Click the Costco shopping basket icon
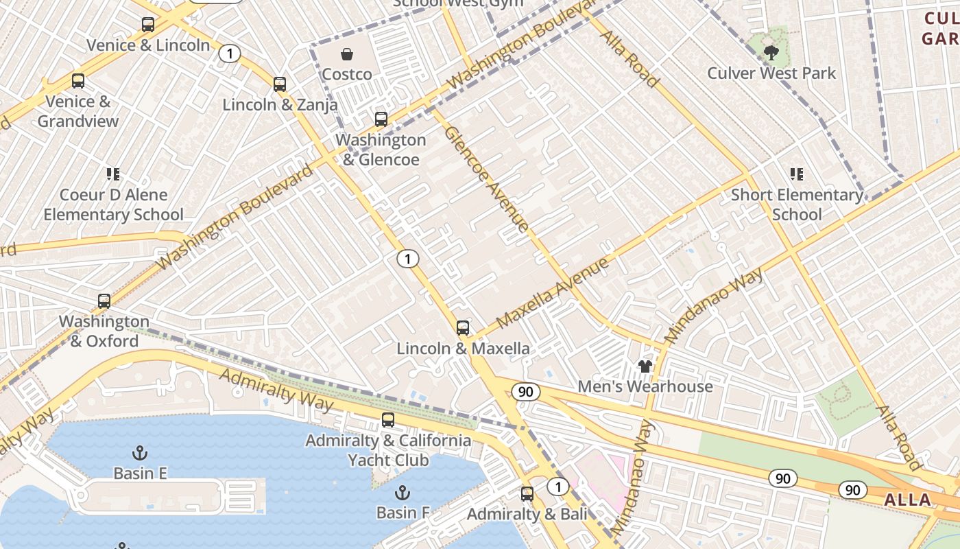(347, 54)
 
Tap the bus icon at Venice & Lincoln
(147, 25)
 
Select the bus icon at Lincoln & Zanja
(279, 84)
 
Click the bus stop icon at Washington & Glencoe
(381, 119)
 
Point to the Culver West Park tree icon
(771, 52)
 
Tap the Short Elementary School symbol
(796, 174)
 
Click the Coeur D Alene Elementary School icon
(113, 174)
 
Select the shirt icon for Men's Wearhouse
(645, 366)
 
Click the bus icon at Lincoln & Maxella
(463, 328)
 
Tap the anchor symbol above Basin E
(140, 453)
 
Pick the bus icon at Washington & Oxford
(104, 301)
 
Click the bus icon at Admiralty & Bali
(527, 493)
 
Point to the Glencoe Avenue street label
(486, 178)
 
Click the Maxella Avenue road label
(552, 292)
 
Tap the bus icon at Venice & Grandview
(78, 81)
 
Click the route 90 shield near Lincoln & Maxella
(525, 392)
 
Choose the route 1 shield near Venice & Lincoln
(230, 53)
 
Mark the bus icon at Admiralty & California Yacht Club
(388, 420)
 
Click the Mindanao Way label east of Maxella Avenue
(714, 296)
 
